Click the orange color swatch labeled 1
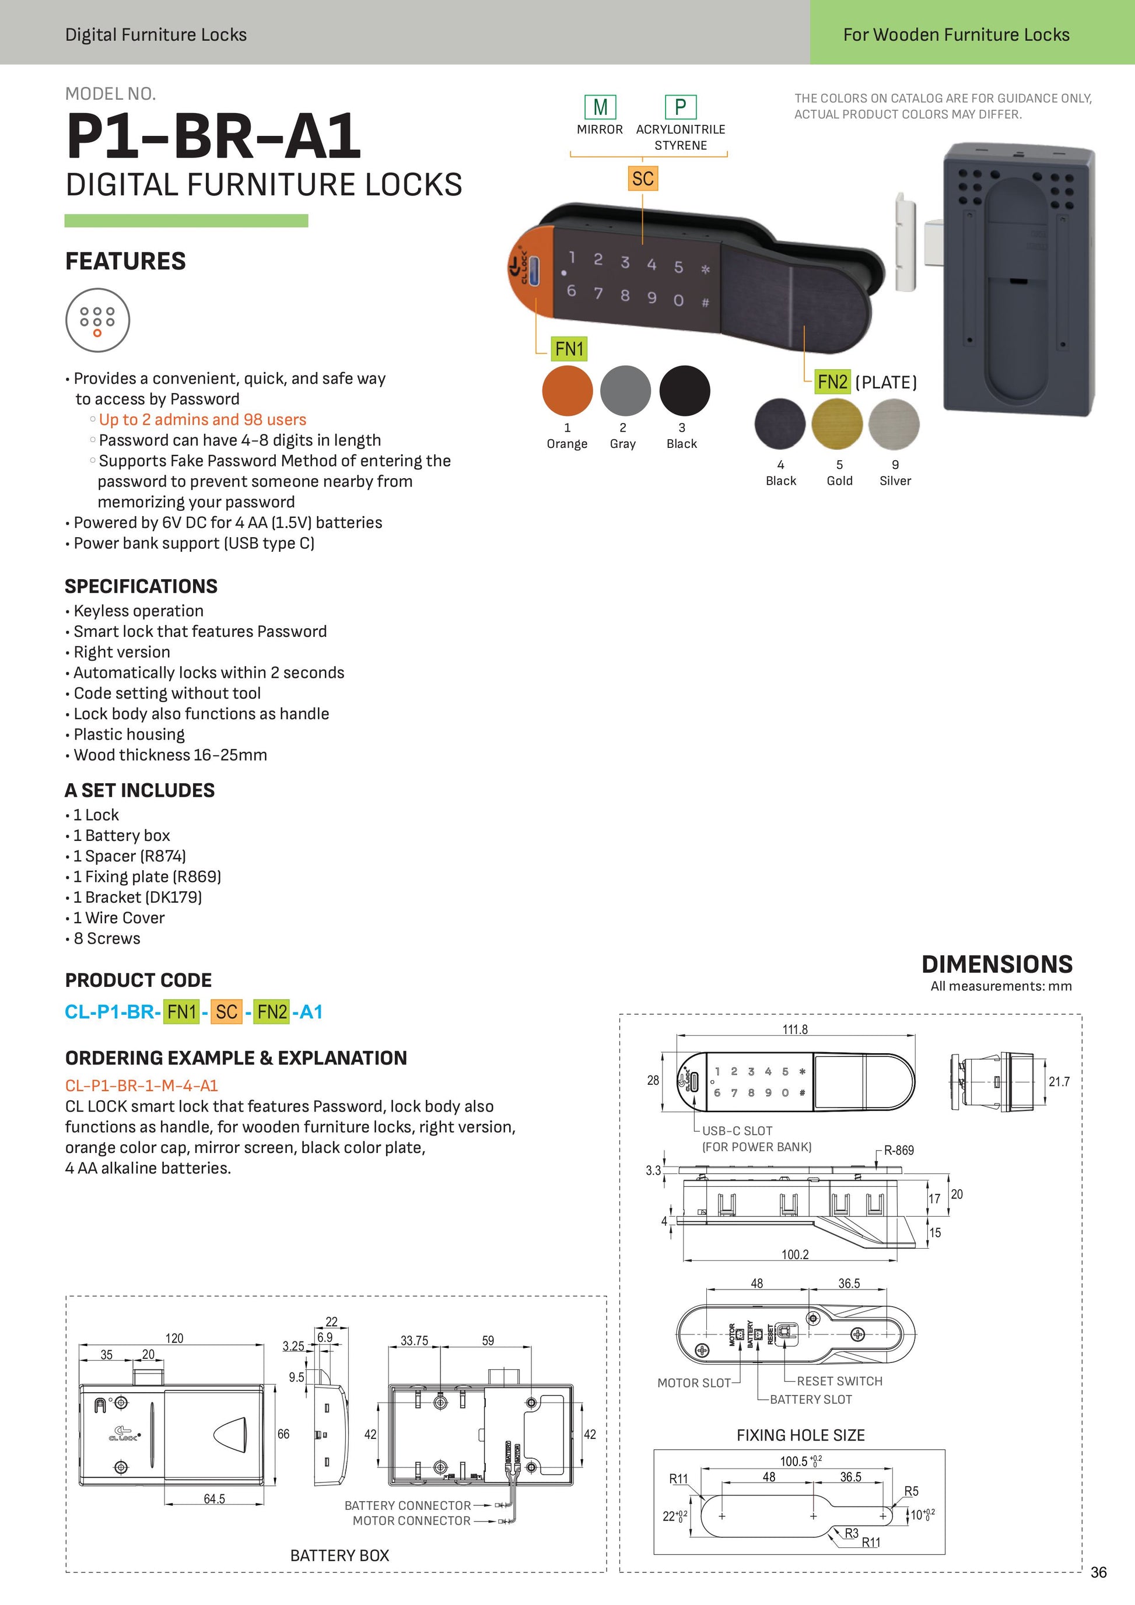click(x=567, y=391)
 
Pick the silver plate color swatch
click(x=894, y=423)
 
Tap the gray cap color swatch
click(x=625, y=391)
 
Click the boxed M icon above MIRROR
click(x=600, y=107)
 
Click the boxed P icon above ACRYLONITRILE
click(x=680, y=107)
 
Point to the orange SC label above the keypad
click(x=642, y=178)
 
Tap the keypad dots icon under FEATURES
click(x=97, y=320)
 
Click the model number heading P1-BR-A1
click(x=213, y=136)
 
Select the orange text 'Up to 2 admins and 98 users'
click(x=202, y=419)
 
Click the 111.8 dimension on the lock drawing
click(x=794, y=1029)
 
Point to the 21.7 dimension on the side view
click(x=1059, y=1081)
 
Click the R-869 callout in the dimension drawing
click(x=898, y=1150)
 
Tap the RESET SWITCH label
click(x=839, y=1381)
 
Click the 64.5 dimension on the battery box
click(x=214, y=1499)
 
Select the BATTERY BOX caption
click(x=339, y=1555)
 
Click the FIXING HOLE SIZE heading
click(x=800, y=1435)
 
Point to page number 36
click(x=1098, y=1572)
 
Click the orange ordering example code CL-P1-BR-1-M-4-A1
click(x=141, y=1085)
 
